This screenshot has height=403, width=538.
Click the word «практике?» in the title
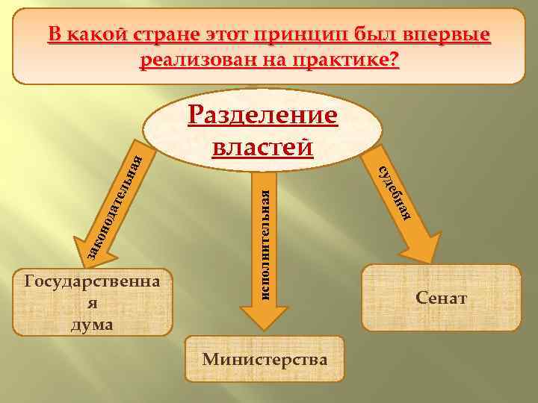(x=348, y=60)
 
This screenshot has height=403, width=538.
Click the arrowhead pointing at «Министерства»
(x=254, y=317)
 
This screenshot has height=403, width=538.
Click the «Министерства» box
(x=265, y=359)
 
